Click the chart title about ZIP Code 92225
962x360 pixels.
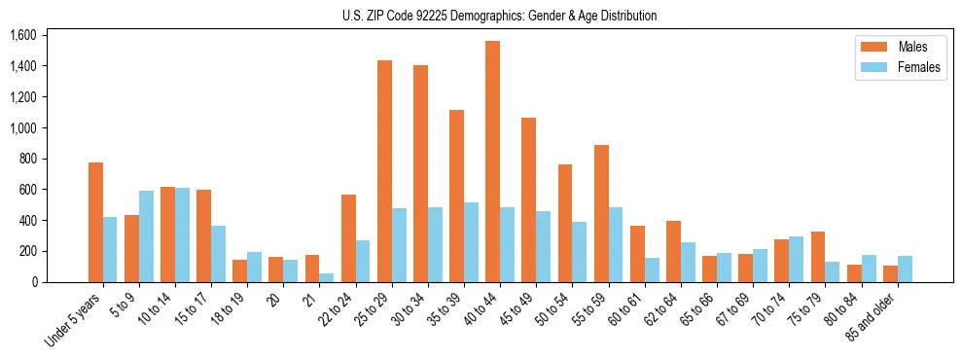click(x=499, y=16)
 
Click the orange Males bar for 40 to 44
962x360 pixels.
click(x=492, y=162)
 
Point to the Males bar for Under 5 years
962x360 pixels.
click(x=95, y=222)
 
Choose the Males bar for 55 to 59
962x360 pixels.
click(x=601, y=213)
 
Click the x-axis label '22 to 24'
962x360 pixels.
click(x=338, y=309)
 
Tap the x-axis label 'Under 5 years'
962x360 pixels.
click(x=73, y=320)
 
